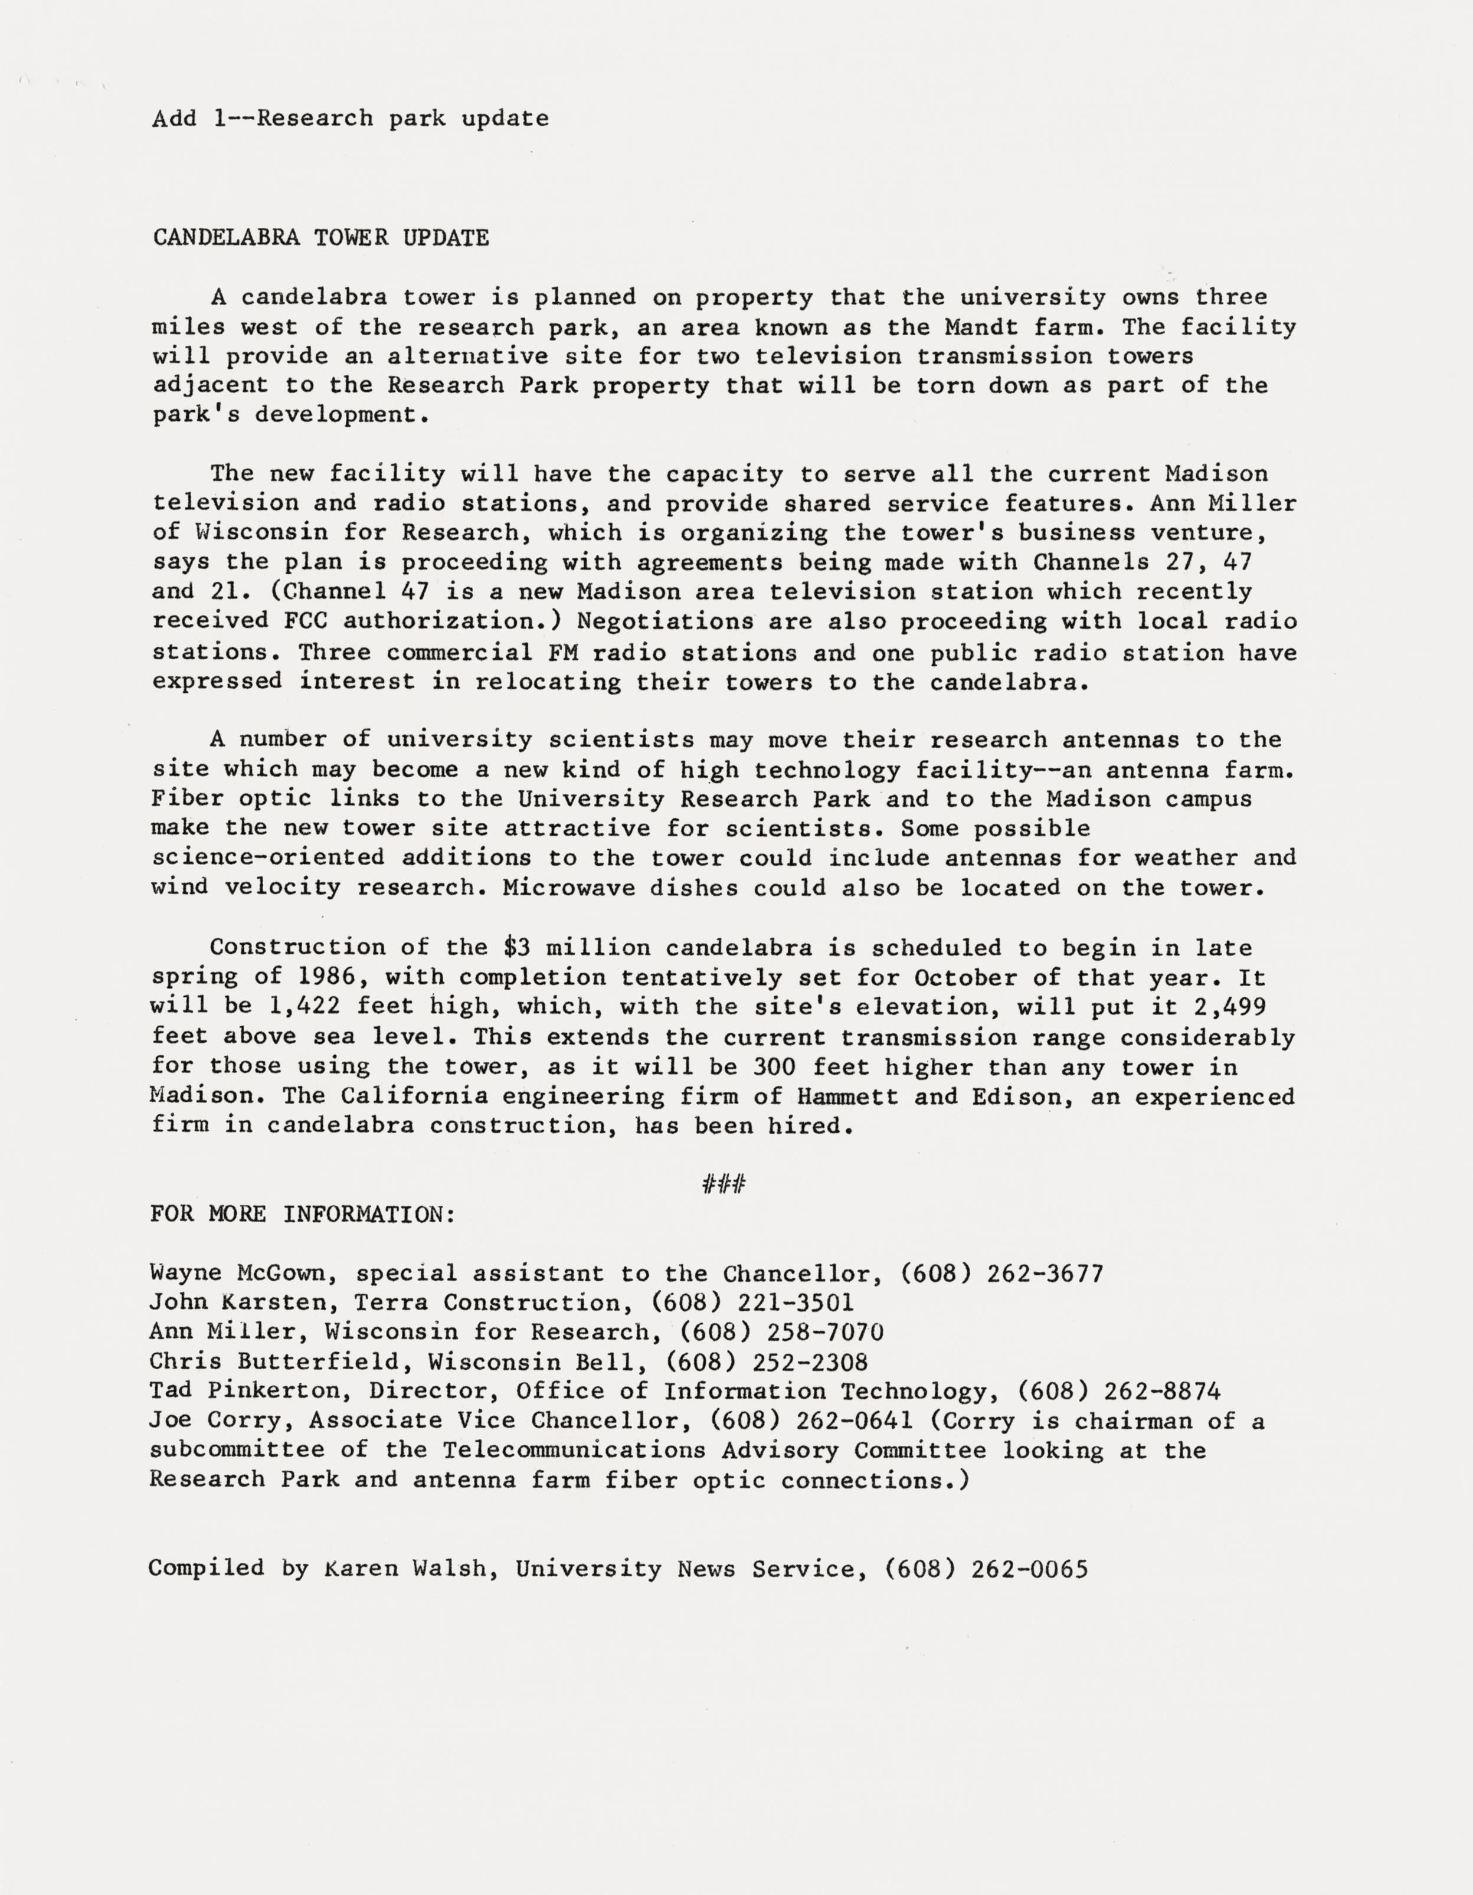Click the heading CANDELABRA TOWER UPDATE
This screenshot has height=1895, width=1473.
point(321,238)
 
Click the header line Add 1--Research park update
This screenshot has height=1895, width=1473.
point(351,118)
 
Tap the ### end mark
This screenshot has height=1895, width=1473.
point(724,1183)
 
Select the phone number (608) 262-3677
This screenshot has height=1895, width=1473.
point(1002,1274)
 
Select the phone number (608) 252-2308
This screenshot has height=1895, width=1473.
point(767,1362)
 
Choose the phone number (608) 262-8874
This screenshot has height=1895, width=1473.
point(1119,1392)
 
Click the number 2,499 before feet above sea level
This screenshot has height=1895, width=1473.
point(1230,1006)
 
